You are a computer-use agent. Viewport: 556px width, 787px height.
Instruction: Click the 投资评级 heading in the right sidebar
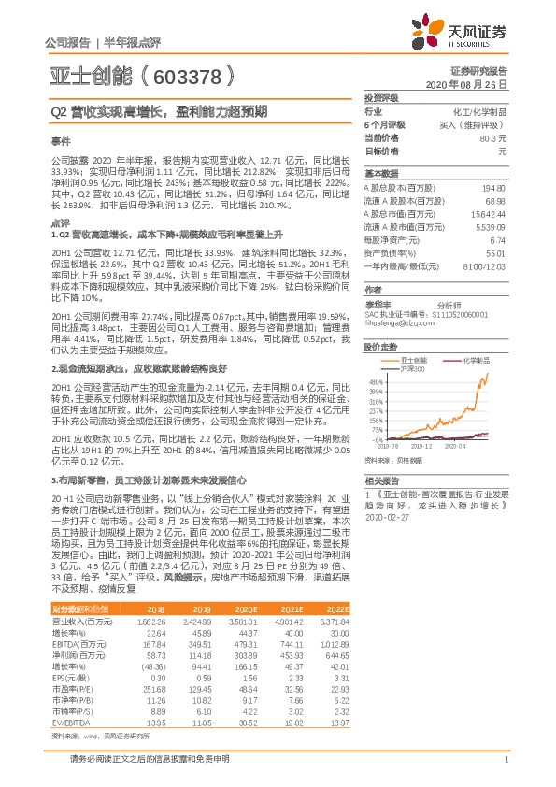tap(381, 97)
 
